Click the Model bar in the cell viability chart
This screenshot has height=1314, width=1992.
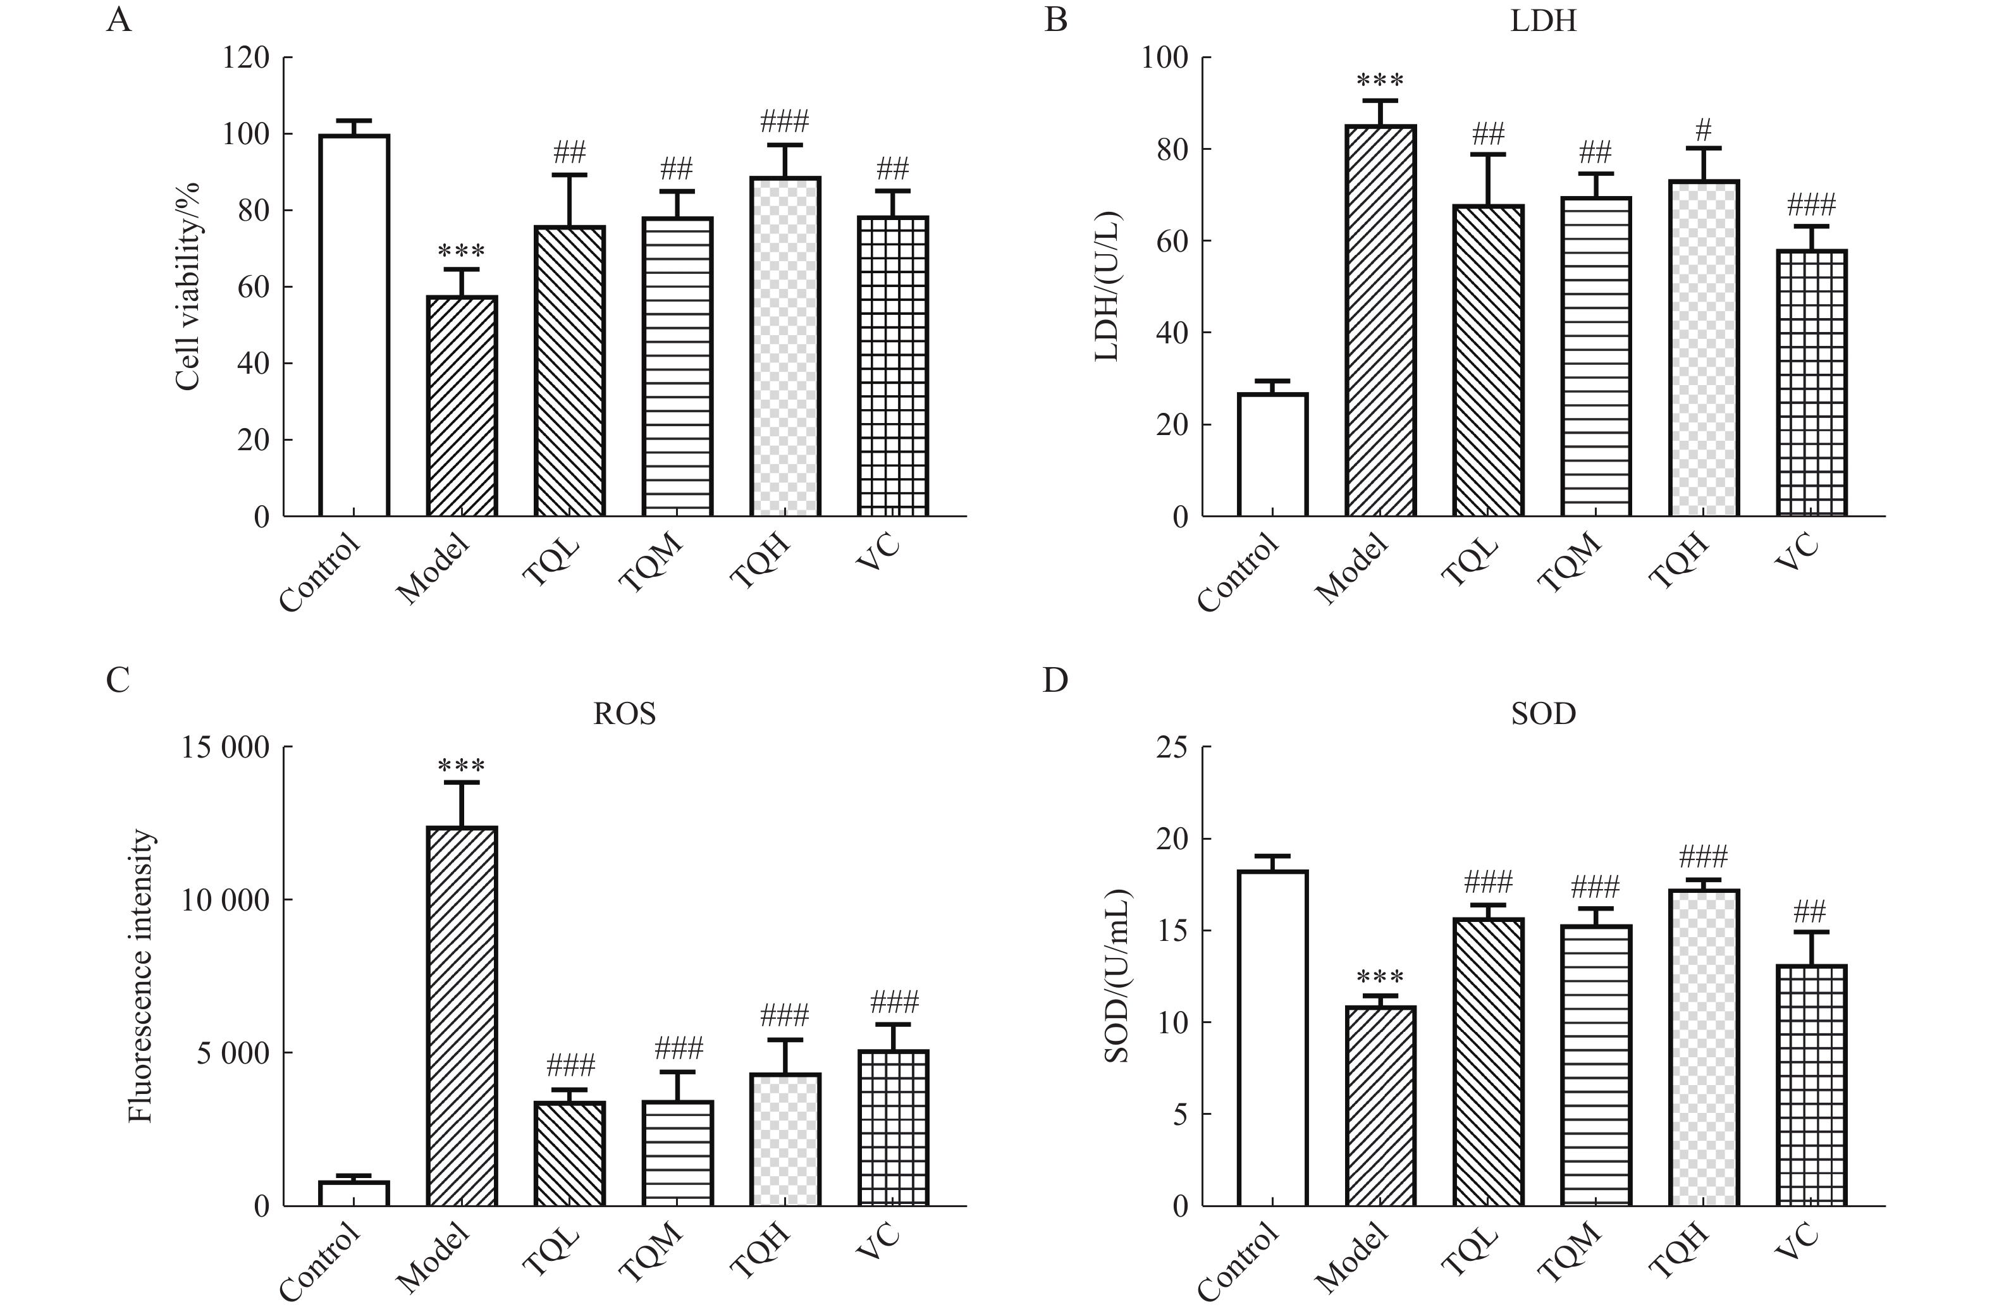click(x=462, y=407)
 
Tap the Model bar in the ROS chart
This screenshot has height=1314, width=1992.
click(x=462, y=1016)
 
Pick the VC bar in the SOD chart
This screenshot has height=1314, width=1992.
click(x=1811, y=1085)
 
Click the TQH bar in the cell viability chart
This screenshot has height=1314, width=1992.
click(x=785, y=346)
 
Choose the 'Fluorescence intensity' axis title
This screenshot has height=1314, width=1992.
click(x=141, y=976)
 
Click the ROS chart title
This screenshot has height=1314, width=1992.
click(x=624, y=714)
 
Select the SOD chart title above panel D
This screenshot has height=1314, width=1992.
click(x=1543, y=714)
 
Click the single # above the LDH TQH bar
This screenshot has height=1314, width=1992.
click(x=1703, y=130)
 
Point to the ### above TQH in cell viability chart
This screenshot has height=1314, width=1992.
click(x=784, y=122)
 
